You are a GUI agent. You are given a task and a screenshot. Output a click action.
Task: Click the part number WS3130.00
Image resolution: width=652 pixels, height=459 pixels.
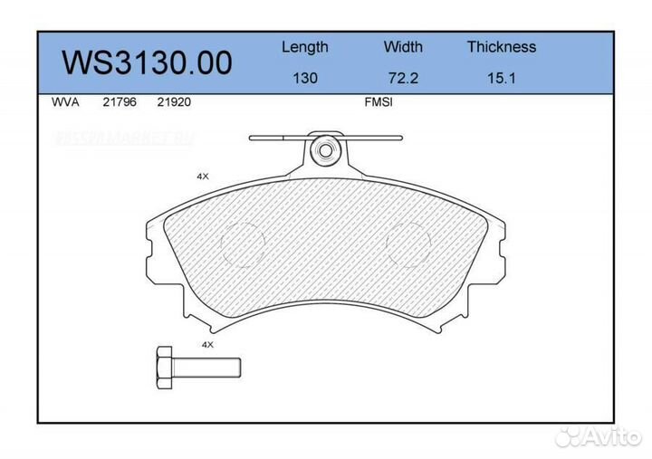coord(147,63)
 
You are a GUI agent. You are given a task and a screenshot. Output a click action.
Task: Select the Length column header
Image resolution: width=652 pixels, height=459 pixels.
coord(304,47)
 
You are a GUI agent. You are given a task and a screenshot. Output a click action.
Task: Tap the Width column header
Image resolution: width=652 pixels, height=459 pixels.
coord(403,47)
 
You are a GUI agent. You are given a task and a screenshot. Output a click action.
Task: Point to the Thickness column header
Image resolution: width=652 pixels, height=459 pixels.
coord(501,47)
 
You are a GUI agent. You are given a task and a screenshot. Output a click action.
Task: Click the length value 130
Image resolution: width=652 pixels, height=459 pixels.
coord(304,78)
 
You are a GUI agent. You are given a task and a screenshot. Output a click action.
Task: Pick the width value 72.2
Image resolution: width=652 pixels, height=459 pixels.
coord(403,78)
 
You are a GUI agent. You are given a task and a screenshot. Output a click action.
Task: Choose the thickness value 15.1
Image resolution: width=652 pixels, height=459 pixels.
coord(501,78)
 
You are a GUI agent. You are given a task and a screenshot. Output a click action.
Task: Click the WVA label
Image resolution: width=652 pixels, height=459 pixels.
coord(66,102)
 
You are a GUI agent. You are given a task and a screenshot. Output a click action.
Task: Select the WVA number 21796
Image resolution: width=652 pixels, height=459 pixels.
coord(119,102)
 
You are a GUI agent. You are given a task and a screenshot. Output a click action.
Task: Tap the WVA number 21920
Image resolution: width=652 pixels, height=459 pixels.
coord(174,102)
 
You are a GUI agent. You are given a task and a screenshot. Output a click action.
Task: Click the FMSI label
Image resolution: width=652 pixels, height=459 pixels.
coord(377,102)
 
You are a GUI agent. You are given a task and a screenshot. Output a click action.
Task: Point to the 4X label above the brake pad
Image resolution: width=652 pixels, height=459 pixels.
coord(203,177)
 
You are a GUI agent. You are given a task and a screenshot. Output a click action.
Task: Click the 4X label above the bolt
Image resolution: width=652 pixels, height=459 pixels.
coord(206,345)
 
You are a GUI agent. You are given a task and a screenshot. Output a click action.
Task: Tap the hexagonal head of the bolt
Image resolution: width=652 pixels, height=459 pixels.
coord(165,367)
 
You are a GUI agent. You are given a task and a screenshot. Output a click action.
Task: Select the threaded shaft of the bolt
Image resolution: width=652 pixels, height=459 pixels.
coord(207,367)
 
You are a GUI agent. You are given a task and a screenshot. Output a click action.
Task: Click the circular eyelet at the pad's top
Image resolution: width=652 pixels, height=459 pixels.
coord(323,151)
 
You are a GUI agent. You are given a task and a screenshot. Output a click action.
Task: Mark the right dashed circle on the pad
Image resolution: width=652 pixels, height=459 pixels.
coord(408,244)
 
